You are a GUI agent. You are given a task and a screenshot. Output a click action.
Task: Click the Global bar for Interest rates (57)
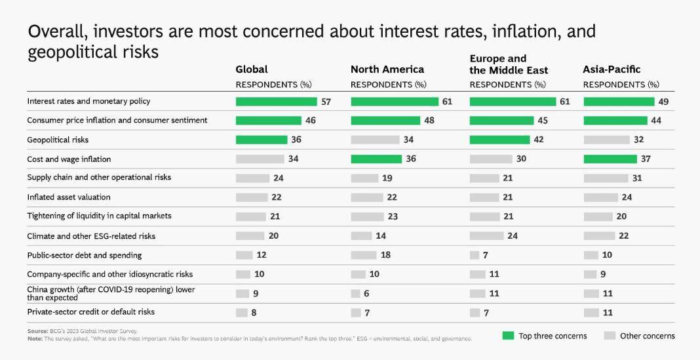[x=277, y=102]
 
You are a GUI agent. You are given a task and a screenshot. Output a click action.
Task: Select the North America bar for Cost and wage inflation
[x=376, y=159]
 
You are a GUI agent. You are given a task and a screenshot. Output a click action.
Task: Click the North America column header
[x=387, y=70]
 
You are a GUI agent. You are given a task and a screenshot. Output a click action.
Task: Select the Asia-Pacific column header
[x=612, y=70]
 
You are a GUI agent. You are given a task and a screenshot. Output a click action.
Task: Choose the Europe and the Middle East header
[x=509, y=64]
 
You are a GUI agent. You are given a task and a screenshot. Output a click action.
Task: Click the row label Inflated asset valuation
[x=69, y=197]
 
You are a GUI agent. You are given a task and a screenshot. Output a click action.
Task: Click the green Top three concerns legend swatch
[x=508, y=336]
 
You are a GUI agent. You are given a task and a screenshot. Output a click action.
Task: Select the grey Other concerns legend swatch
[x=610, y=336]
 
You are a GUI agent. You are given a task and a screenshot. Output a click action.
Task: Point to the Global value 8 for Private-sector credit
[x=254, y=313]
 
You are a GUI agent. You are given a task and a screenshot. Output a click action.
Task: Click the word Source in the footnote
[x=37, y=331]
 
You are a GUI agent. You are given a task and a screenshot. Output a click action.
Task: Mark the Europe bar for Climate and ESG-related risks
[x=486, y=235]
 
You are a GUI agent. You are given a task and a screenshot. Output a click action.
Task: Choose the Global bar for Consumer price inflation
[x=269, y=121]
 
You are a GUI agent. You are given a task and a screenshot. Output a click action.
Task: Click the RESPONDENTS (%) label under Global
[x=273, y=85]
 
